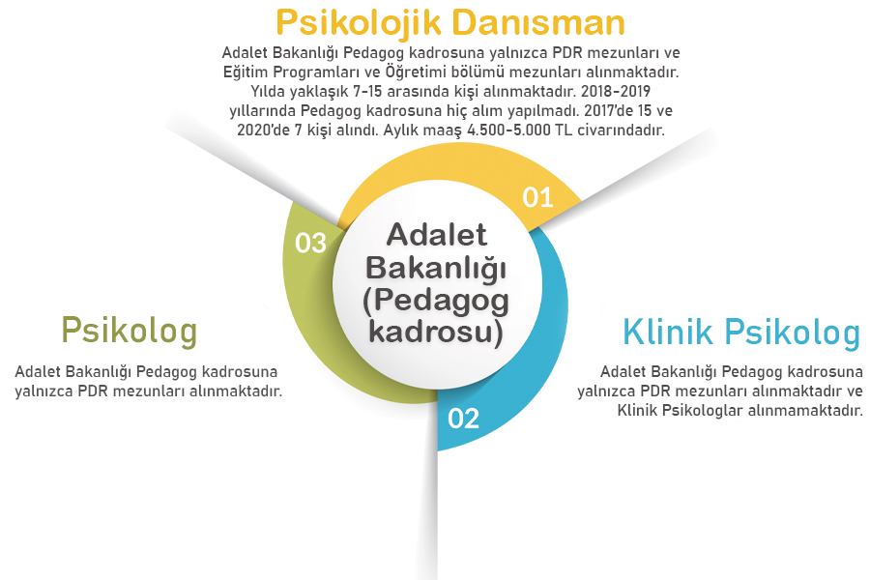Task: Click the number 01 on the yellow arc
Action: click(x=537, y=197)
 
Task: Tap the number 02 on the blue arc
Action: click(x=463, y=419)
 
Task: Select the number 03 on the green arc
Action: click(x=310, y=243)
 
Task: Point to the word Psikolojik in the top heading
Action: click(x=349, y=21)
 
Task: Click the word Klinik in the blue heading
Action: click(x=667, y=333)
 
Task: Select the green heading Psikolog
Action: click(x=129, y=330)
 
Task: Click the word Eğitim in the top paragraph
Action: click(x=245, y=72)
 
